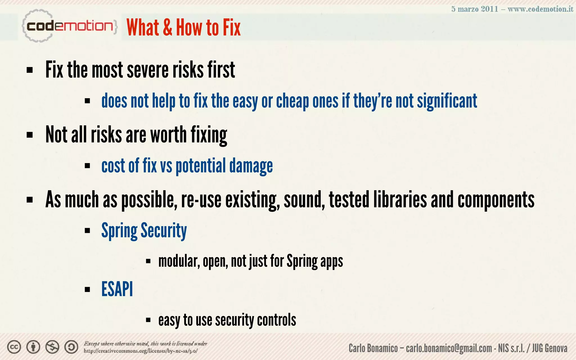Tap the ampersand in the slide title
167,28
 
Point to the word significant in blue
447,101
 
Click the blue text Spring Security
144,231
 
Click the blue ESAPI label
117,289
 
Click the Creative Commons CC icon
14,347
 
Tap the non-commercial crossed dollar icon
52,347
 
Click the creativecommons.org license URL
140,351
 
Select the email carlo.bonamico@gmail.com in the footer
449,348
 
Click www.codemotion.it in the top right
540,9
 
